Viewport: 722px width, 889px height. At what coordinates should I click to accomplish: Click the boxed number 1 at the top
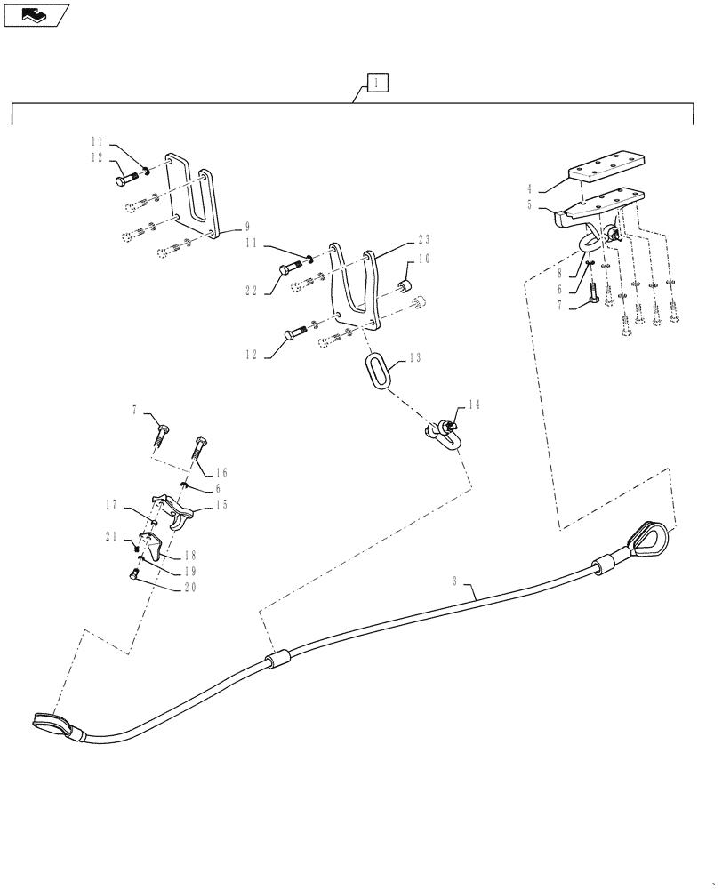[377, 84]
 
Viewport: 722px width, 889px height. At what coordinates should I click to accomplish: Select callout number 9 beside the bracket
[235, 228]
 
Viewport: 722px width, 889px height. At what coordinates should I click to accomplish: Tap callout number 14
[474, 404]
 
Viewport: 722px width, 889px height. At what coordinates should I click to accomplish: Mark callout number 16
[221, 472]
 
